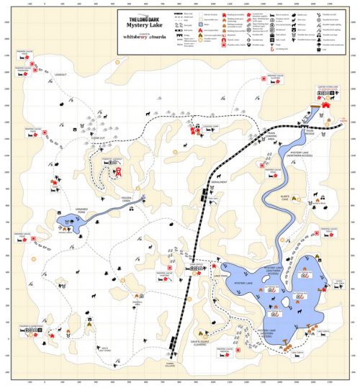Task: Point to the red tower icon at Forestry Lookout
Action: (x=120, y=171)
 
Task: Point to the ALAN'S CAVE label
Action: (x=280, y=197)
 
